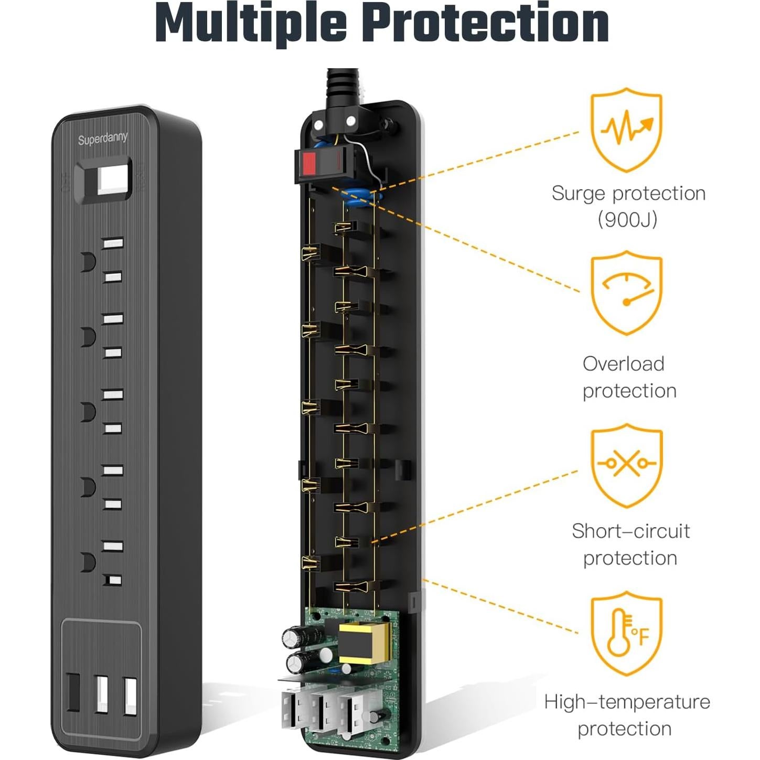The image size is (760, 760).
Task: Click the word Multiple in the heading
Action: [x=251, y=23]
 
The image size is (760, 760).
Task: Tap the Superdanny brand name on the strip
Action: [x=103, y=138]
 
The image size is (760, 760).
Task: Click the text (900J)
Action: [x=627, y=219]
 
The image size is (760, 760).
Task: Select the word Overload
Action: [x=623, y=363]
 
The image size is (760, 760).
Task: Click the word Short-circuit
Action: [x=630, y=531]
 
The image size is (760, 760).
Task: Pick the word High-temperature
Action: [x=627, y=702]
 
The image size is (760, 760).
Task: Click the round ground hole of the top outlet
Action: [x=88, y=262]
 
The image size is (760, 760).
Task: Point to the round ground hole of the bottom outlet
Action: [x=88, y=562]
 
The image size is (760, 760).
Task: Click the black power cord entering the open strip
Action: [x=342, y=87]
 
